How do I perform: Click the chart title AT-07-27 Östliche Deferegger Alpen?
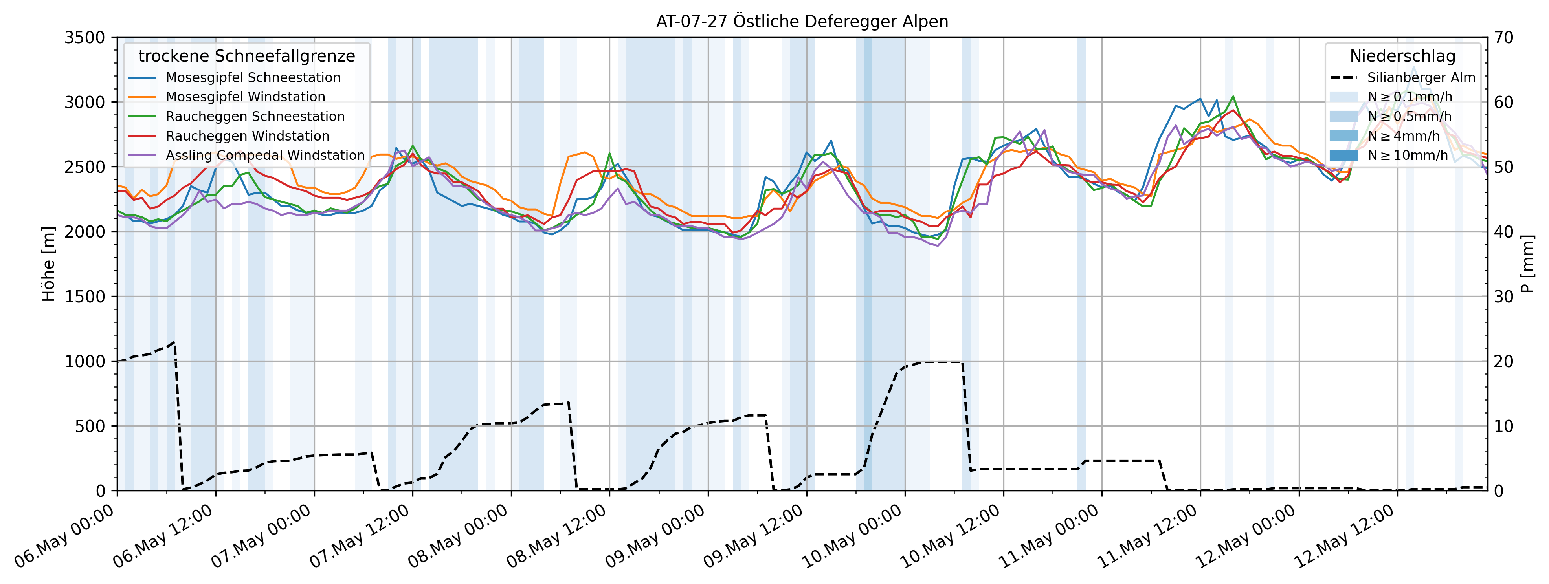point(802,22)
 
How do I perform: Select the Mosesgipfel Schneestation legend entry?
point(253,77)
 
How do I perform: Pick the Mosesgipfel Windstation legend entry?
point(245,97)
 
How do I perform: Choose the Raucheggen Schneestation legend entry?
point(255,117)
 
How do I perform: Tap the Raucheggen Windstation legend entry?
point(247,136)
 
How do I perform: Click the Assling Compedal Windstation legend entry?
point(264,156)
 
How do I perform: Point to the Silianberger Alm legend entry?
point(1421,77)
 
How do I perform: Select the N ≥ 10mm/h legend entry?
point(1407,156)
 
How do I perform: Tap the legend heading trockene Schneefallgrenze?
point(246,56)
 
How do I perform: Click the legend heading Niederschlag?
point(1402,56)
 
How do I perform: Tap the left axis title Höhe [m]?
point(48,264)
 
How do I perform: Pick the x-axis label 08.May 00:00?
point(459,536)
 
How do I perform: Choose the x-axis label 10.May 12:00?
point(951,536)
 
